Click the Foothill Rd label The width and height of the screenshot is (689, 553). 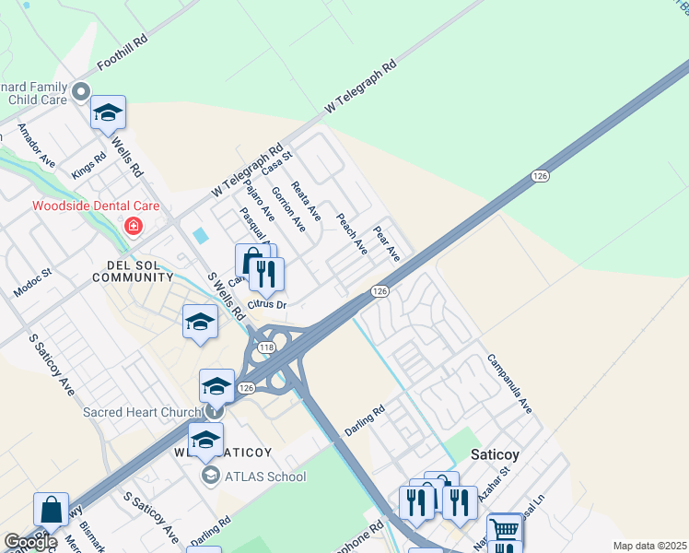point(122,54)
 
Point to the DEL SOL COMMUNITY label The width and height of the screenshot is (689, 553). point(134,270)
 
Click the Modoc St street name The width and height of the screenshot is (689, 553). point(33,284)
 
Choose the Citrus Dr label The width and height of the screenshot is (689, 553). point(269,304)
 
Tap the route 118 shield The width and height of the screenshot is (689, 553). point(267,347)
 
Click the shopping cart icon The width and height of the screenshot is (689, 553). point(505,531)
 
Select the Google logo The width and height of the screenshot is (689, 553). point(29,542)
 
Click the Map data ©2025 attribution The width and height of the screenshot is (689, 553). point(649,546)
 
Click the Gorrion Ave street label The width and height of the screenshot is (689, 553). point(287,208)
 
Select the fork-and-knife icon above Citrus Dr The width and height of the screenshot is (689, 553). point(267,273)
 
